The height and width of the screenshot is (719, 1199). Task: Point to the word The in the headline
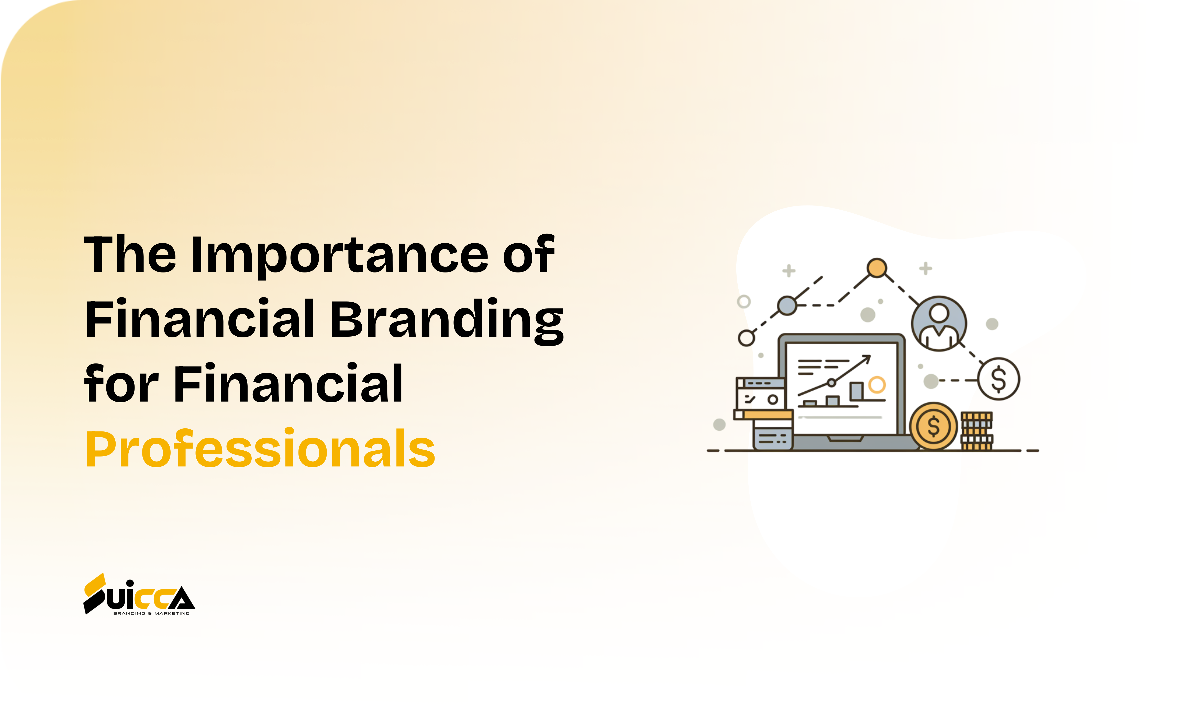point(130,254)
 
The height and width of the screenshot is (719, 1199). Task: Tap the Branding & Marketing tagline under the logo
point(151,613)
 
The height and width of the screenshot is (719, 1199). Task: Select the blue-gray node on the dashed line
point(787,305)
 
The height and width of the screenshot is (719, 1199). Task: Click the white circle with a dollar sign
point(998,379)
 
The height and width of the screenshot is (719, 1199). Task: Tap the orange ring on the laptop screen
point(877,385)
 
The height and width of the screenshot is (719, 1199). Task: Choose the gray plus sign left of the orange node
point(789,270)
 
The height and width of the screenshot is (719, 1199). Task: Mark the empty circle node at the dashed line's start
point(746,338)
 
